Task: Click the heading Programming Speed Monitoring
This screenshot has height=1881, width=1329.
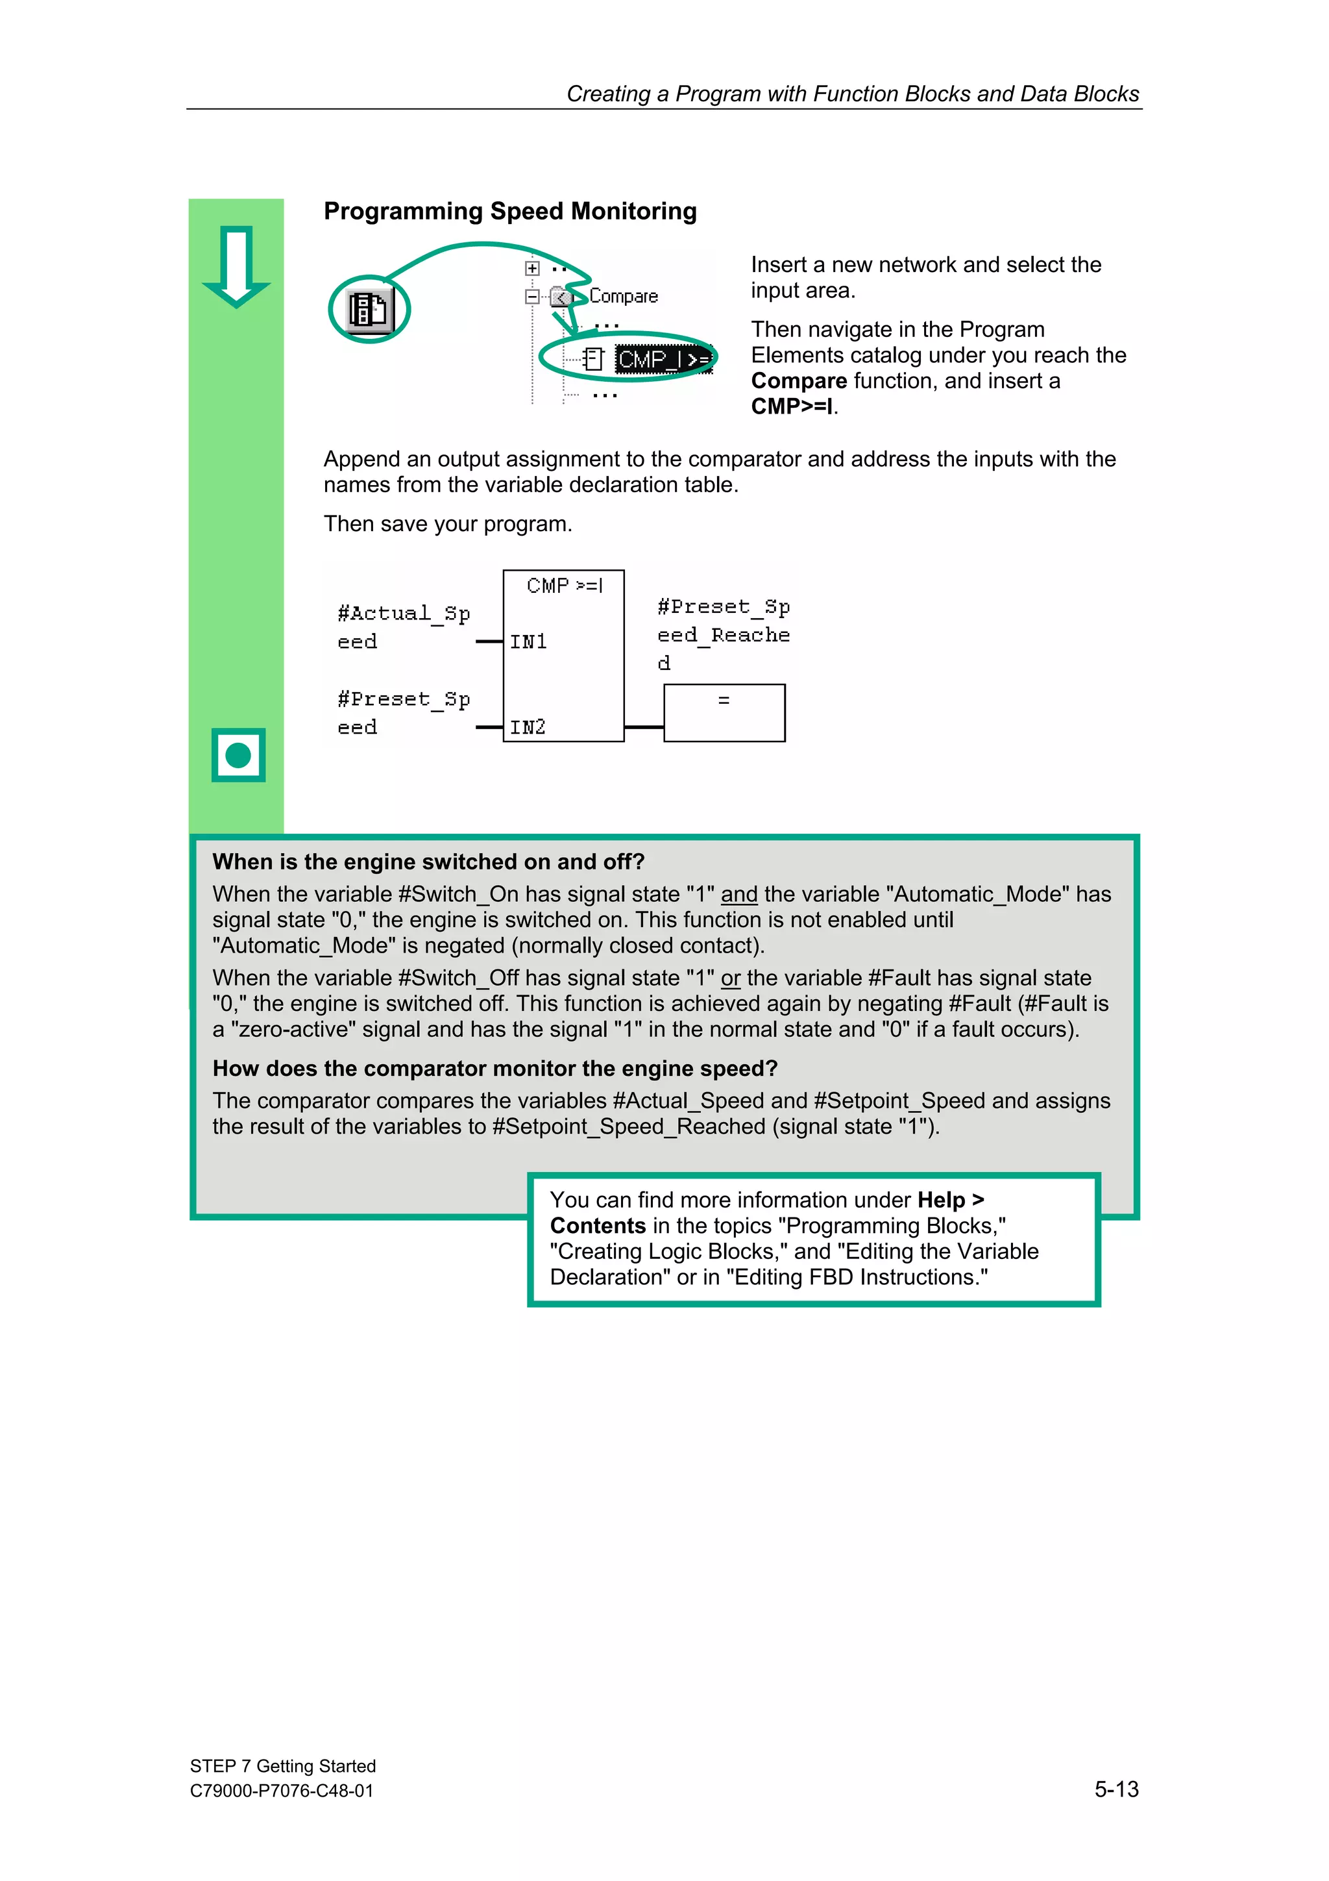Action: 510,212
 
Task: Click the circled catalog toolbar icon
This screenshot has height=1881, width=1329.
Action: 369,310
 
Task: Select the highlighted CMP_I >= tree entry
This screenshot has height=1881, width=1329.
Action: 663,360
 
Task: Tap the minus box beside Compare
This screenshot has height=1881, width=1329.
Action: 532,297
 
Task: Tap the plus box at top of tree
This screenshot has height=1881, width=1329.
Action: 532,268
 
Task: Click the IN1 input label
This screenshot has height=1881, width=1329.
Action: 528,642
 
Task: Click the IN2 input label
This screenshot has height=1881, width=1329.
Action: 528,727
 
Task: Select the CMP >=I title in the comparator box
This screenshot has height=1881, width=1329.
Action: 564,586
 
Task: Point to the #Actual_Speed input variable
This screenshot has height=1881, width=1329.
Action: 403,627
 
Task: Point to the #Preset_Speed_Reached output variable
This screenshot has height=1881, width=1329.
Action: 723,634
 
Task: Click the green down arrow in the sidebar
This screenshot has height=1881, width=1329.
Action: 237,266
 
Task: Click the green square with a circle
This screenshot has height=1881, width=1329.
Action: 238,754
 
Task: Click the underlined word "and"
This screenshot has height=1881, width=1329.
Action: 738,895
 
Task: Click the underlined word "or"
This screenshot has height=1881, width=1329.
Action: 731,978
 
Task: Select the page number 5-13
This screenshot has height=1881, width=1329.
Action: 1116,1789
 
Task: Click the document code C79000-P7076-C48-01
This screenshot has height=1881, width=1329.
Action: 282,1791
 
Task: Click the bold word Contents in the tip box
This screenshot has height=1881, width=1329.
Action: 598,1226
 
